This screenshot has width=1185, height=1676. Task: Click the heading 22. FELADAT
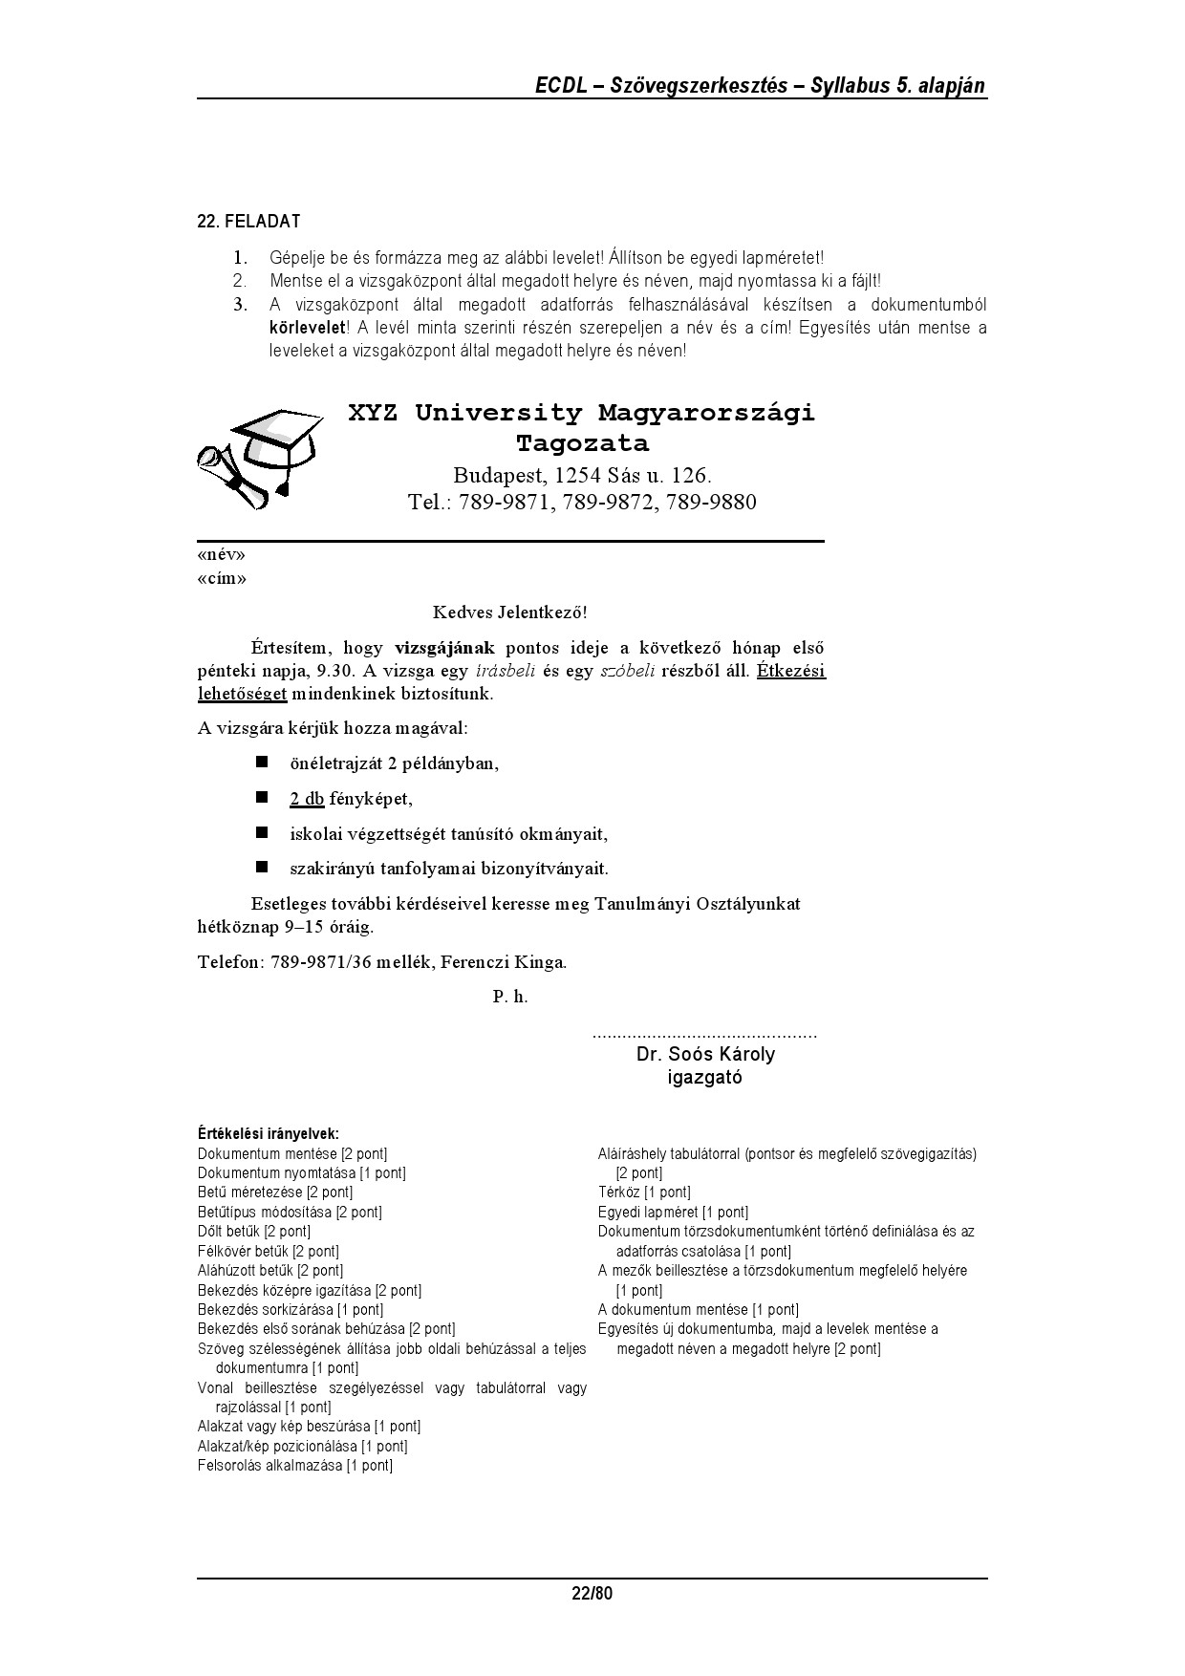(248, 222)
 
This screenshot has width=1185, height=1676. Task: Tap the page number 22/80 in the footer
(592, 1593)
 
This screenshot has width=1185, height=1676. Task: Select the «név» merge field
(221, 555)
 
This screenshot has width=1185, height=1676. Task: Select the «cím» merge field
(222, 579)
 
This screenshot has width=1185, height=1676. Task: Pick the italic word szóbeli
(627, 671)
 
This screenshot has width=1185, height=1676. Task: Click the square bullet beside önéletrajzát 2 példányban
(261, 763)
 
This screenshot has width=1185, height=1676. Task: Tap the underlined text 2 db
(307, 799)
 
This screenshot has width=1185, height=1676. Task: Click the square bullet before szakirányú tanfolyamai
(261, 868)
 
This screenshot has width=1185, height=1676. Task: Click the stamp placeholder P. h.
(510, 997)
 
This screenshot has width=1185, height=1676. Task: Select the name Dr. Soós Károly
(705, 1055)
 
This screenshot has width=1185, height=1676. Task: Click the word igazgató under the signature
(704, 1078)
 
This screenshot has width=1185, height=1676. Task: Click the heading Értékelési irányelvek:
(269, 1134)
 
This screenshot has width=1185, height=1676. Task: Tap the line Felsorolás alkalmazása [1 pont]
(295, 1466)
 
